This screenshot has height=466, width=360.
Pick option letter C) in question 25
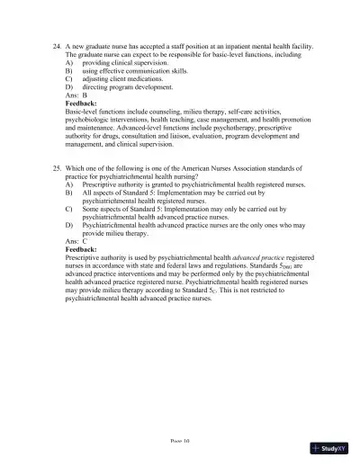[70, 207]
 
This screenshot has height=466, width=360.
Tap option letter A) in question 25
[70, 184]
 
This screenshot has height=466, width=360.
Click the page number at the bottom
[180, 443]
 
